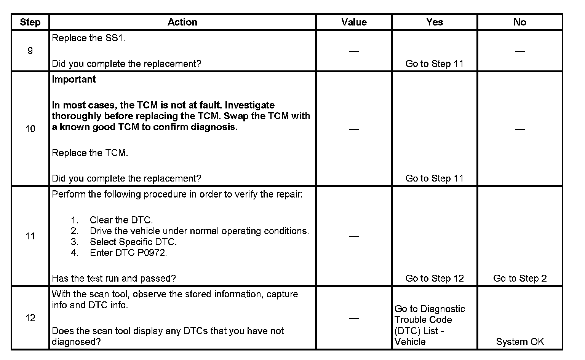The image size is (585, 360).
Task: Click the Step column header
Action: pos(30,22)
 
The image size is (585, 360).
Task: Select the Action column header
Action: pos(182,22)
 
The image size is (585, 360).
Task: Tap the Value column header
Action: pos(354,22)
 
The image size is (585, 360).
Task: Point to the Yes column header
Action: pos(435,22)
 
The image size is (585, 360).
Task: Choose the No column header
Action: pos(520,22)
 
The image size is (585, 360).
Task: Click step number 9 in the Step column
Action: pos(30,51)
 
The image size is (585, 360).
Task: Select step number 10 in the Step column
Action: pos(30,129)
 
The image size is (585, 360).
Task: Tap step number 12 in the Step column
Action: pos(30,318)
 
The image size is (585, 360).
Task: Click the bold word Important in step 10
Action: pos(74,80)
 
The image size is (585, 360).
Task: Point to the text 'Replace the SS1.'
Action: pos(88,38)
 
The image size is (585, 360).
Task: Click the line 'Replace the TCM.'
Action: pos(90,153)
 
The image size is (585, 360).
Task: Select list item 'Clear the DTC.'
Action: pos(121,220)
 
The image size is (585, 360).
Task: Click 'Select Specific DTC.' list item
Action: pos(133,242)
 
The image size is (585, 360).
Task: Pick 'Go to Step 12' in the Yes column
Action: pos(435,279)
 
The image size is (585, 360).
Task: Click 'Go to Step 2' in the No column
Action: pos(520,279)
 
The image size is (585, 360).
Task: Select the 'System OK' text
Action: pos(520,342)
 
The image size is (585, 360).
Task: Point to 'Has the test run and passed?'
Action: pos(114,279)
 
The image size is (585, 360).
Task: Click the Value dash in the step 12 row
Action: pos(354,318)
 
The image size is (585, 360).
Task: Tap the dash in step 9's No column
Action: pos(520,51)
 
